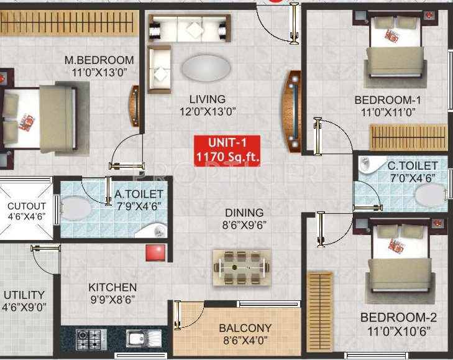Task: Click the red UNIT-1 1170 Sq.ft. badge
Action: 227,150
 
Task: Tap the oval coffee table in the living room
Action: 205,67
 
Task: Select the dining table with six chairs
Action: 242,267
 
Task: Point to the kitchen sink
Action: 136,339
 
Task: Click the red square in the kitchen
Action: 155,252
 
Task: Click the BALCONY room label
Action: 245,328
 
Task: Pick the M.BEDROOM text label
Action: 99,60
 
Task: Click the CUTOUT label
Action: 26,206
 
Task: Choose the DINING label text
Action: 244,213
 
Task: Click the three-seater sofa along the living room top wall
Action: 188,28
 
